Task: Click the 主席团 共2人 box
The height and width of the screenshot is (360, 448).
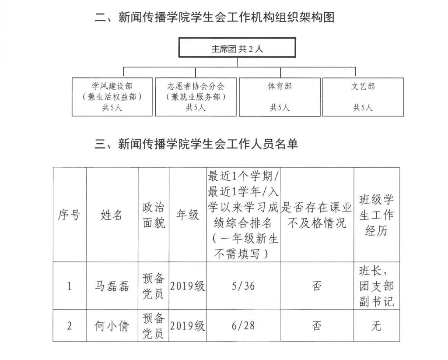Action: [x=237, y=48]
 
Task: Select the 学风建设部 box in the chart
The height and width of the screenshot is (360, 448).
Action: [x=112, y=97]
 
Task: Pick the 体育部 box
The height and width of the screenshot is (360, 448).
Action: [x=279, y=97]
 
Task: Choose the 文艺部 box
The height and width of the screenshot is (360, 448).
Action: [x=363, y=97]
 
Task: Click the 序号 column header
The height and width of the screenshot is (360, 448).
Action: [x=70, y=215]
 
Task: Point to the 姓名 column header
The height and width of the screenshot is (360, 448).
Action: [x=112, y=215]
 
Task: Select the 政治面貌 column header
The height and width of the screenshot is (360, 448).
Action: [x=154, y=215]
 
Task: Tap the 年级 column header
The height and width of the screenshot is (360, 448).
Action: [x=188, y=215]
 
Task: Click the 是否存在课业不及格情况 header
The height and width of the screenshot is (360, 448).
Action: [x=317, y=215]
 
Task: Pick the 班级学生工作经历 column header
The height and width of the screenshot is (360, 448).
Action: [x=376, y=215]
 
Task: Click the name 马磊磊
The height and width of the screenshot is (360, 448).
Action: [x=112, y=286]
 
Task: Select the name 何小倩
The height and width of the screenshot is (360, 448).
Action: [x=112, y=326]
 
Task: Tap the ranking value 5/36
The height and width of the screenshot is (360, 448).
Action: [x=243, y=286]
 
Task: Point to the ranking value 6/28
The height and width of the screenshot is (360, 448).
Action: [x=243, y=326]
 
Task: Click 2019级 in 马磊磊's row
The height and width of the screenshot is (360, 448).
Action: [x=188, y=286]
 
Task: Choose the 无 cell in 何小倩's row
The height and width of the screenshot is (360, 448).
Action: [x=376, y=326]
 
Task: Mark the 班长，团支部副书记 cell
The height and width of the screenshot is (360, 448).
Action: [x=376, y=286]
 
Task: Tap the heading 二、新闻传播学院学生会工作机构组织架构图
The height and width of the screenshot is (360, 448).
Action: [x=215, y=18]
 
